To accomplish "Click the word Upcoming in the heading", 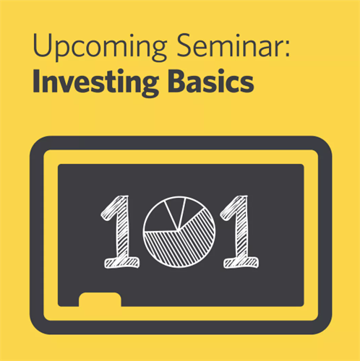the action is pos(100,46).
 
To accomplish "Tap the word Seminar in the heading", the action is pos(230,45).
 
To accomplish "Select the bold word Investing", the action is pos(95,82).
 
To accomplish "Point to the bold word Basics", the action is pos(211,81).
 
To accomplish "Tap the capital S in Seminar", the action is pos(186,45).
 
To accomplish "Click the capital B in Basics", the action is pos(177,81).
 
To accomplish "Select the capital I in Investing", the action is pos(36,81).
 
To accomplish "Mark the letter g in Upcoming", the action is pos(158,49).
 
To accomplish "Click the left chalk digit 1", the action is pos(121,232).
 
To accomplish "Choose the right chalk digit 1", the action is pos(240,232).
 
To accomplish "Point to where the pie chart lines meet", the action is pos(178,230).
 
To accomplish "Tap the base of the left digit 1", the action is pos(121,263).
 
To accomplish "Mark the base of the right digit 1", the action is pos(241,263).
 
